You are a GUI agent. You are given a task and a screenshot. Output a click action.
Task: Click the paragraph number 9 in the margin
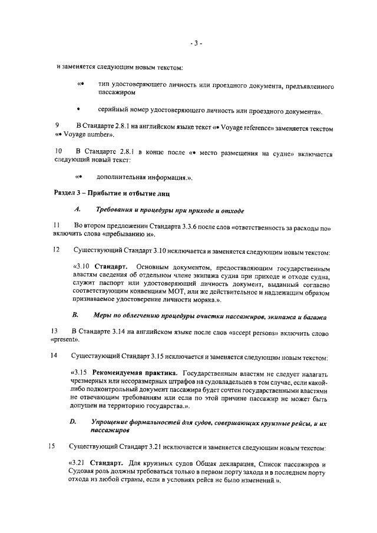(x=57, y=127)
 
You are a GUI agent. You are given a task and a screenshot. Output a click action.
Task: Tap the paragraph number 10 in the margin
(x=58, y=154)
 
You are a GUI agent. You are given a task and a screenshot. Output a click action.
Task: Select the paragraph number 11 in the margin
(x=57, y=226)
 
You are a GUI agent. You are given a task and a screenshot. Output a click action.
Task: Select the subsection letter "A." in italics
(x=77, y=210)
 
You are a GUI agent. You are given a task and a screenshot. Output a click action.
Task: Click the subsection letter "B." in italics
(x=75, y=316)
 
